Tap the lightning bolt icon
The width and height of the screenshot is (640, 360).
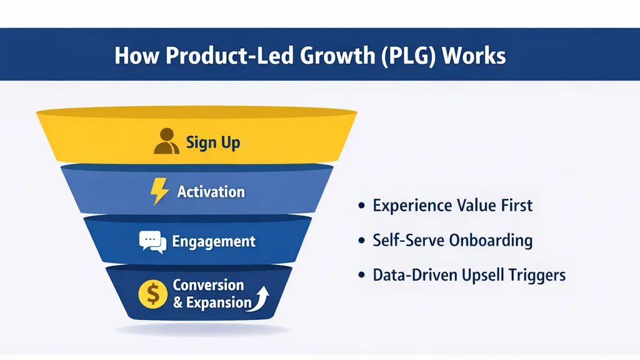[159, 191]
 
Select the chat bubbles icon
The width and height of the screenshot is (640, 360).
[152, 242]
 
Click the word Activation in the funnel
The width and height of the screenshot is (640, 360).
[211, 191]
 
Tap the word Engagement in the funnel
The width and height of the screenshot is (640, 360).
[214, 241]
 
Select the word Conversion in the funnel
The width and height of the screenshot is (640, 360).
[208, 285]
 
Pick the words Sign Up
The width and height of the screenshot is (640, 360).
[212, 142]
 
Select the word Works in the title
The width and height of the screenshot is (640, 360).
[473, 56]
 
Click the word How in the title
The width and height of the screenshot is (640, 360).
[134, 56]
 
